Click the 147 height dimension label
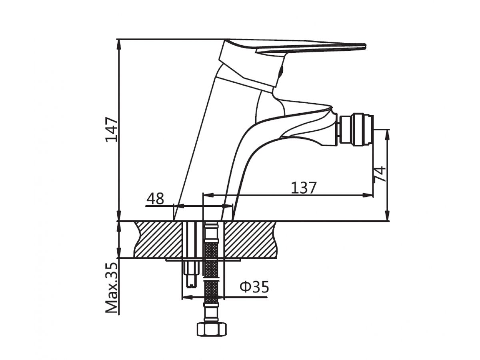click(x=112, y=129)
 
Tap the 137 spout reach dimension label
click(x=304, y=187)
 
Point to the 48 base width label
click(x=155, y=198)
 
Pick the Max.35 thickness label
click(x=112, y=288)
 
